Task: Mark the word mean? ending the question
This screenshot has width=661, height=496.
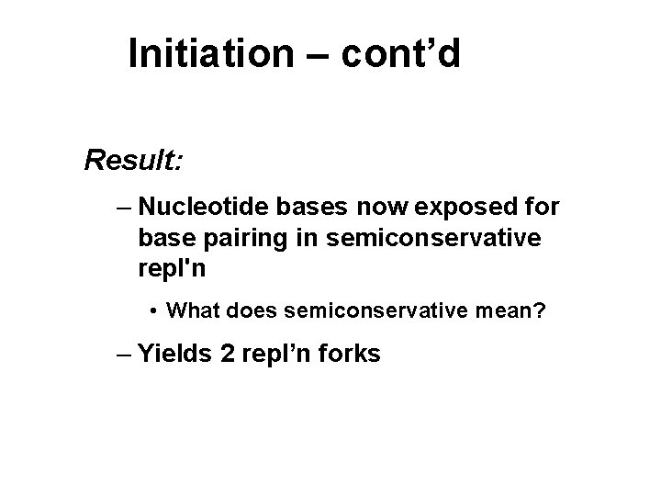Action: [516, 311]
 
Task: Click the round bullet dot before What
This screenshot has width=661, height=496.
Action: [156, 312]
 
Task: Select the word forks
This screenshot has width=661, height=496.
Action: [348, 355]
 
